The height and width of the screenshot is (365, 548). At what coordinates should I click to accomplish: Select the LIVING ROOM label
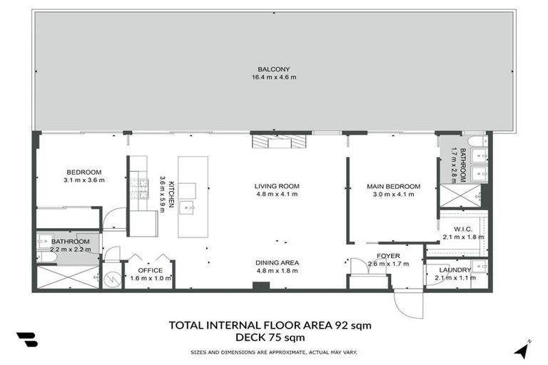pyautogui.click(x=277, y=186)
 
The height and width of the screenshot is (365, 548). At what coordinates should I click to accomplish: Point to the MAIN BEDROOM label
pyautogui.click(x=393, y=186)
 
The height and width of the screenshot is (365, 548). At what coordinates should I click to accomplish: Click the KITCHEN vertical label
pyautogui.click(x=171, y=191)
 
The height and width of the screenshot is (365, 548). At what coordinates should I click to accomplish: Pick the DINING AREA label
pyautogui.click(x=277, y=262)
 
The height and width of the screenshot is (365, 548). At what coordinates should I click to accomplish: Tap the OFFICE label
pyautogui.click(x=150, y=270)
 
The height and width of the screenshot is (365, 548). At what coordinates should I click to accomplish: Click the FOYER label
pyautogui.click(x=388, y=255)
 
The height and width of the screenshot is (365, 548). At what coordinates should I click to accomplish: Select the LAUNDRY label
pyautogui.click(x=455, y=270)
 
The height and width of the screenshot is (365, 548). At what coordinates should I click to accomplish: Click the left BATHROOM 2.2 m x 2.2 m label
pyautogui.click(x=70, y=245)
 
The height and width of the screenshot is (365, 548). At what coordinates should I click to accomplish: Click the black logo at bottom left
pyautogui.click(x=27, y=339)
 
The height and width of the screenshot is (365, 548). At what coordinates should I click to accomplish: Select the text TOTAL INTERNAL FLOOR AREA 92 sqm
pyautogui.click(x=270, y=325)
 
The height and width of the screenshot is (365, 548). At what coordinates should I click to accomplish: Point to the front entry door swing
pyautogui.click(x=408, y=305)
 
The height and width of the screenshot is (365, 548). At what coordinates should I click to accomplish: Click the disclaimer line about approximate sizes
pyautogui.click(x=274, y=352)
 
